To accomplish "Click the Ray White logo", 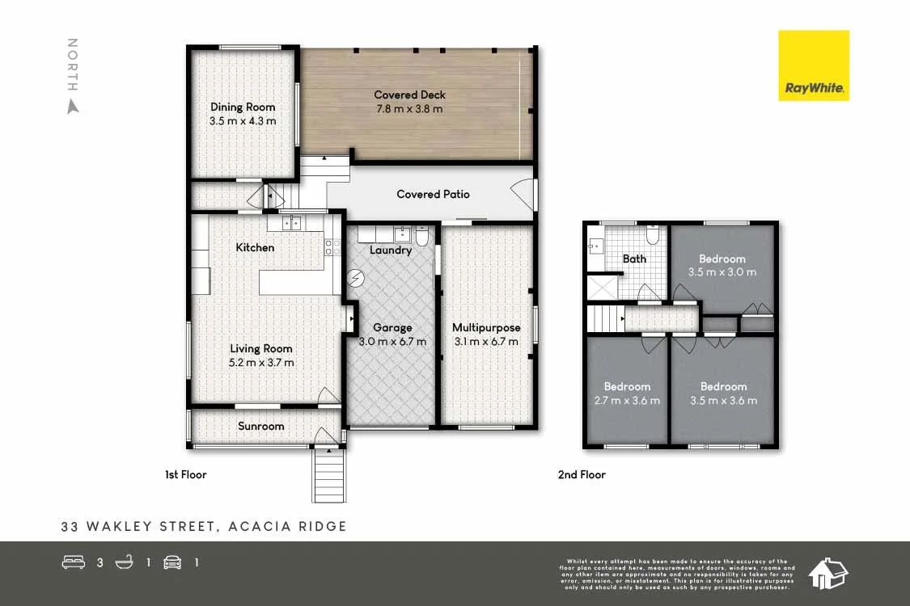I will click(813, 65).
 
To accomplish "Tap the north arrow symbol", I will click(73, 106).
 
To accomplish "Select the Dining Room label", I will click(243, 107).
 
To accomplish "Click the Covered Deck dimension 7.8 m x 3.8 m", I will click(409, 109).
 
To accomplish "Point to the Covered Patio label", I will click(433, 194).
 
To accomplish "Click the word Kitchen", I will click(255, 247).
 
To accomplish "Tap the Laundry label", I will click(391, 250).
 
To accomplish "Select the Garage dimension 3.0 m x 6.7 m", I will click(392, 342).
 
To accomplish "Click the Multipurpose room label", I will click(486, 327).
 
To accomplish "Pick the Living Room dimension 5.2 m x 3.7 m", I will click(261, 363).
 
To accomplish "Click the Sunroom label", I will click(261, 426).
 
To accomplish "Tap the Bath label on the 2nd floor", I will click(634, 259).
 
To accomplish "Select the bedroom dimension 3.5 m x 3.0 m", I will click(722, 272).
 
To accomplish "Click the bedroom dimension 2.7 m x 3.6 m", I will click(627, 400).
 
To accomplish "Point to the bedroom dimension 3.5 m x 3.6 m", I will click(723, 400).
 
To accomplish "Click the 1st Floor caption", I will click(185, 474).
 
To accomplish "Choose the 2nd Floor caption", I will click(582, 474).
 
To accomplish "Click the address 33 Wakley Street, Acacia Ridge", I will click(204, 526).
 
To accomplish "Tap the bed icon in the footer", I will click(74, 562).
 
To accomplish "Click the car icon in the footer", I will click(172, 562).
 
